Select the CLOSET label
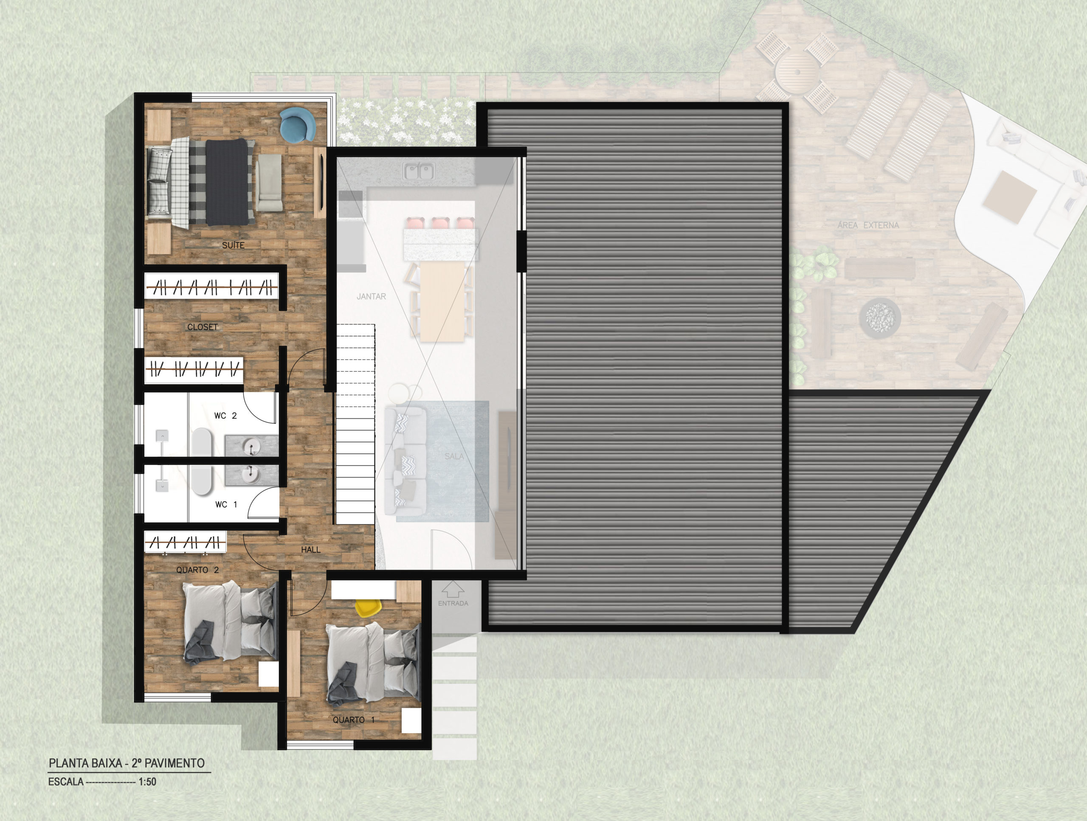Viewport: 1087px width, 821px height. tap(202, 327)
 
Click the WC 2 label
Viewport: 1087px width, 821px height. tap(225, 416)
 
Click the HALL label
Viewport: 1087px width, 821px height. tap(310, 550)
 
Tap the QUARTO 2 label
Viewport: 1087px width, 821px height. tap(197, 570)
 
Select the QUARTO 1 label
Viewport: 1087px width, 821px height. tap(354, 720)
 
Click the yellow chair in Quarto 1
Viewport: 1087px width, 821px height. tap(369, 608)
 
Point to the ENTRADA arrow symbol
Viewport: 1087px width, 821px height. tap(453, 590)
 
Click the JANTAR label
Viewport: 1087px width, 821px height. tap(371, 296)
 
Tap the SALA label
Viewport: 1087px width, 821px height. tap(454, 456)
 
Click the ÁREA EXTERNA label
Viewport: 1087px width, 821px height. tap(868, 225)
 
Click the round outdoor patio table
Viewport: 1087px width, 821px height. tap(797, 72)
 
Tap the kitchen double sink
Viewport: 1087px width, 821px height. tap(419, 172)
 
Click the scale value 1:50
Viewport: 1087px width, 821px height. tap(147, 782)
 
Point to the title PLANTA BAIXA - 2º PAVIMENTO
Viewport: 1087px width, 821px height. tap(127, 763)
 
